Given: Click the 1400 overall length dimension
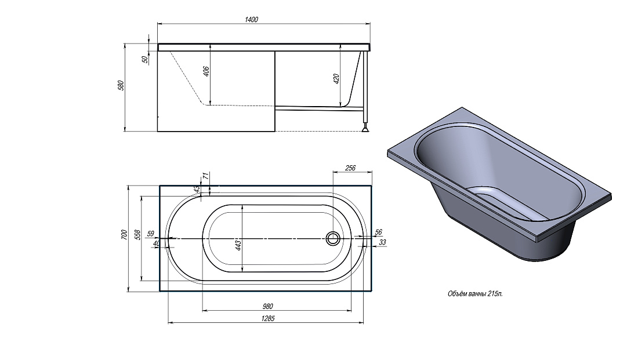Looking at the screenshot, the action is pos(252,19).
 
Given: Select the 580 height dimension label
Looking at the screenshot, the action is pos(121,85).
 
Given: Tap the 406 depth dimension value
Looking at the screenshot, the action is pos(206,71).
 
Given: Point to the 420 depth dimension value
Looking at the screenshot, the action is pos(336,79).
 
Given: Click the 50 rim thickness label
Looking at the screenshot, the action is pos(145,59).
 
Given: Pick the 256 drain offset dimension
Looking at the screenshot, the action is pos(350,168).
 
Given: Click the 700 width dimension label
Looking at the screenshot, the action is pos(125,235).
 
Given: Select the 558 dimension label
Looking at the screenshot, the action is pos(137,235).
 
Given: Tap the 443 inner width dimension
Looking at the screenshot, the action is pos(238,245).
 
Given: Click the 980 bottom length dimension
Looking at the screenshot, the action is pos(268,306).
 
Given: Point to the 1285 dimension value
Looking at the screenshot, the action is pos(268,318).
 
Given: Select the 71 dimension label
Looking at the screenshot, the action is pos(206,176).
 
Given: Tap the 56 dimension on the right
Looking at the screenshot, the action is pos(378,232).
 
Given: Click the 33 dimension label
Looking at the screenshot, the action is pos(382,242).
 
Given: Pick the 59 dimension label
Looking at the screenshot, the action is pos(151,234).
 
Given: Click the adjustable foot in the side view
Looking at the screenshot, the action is pos(366,129).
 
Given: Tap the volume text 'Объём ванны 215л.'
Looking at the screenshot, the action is pos(475,294).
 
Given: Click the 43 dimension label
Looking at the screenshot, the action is pos(197,190).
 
